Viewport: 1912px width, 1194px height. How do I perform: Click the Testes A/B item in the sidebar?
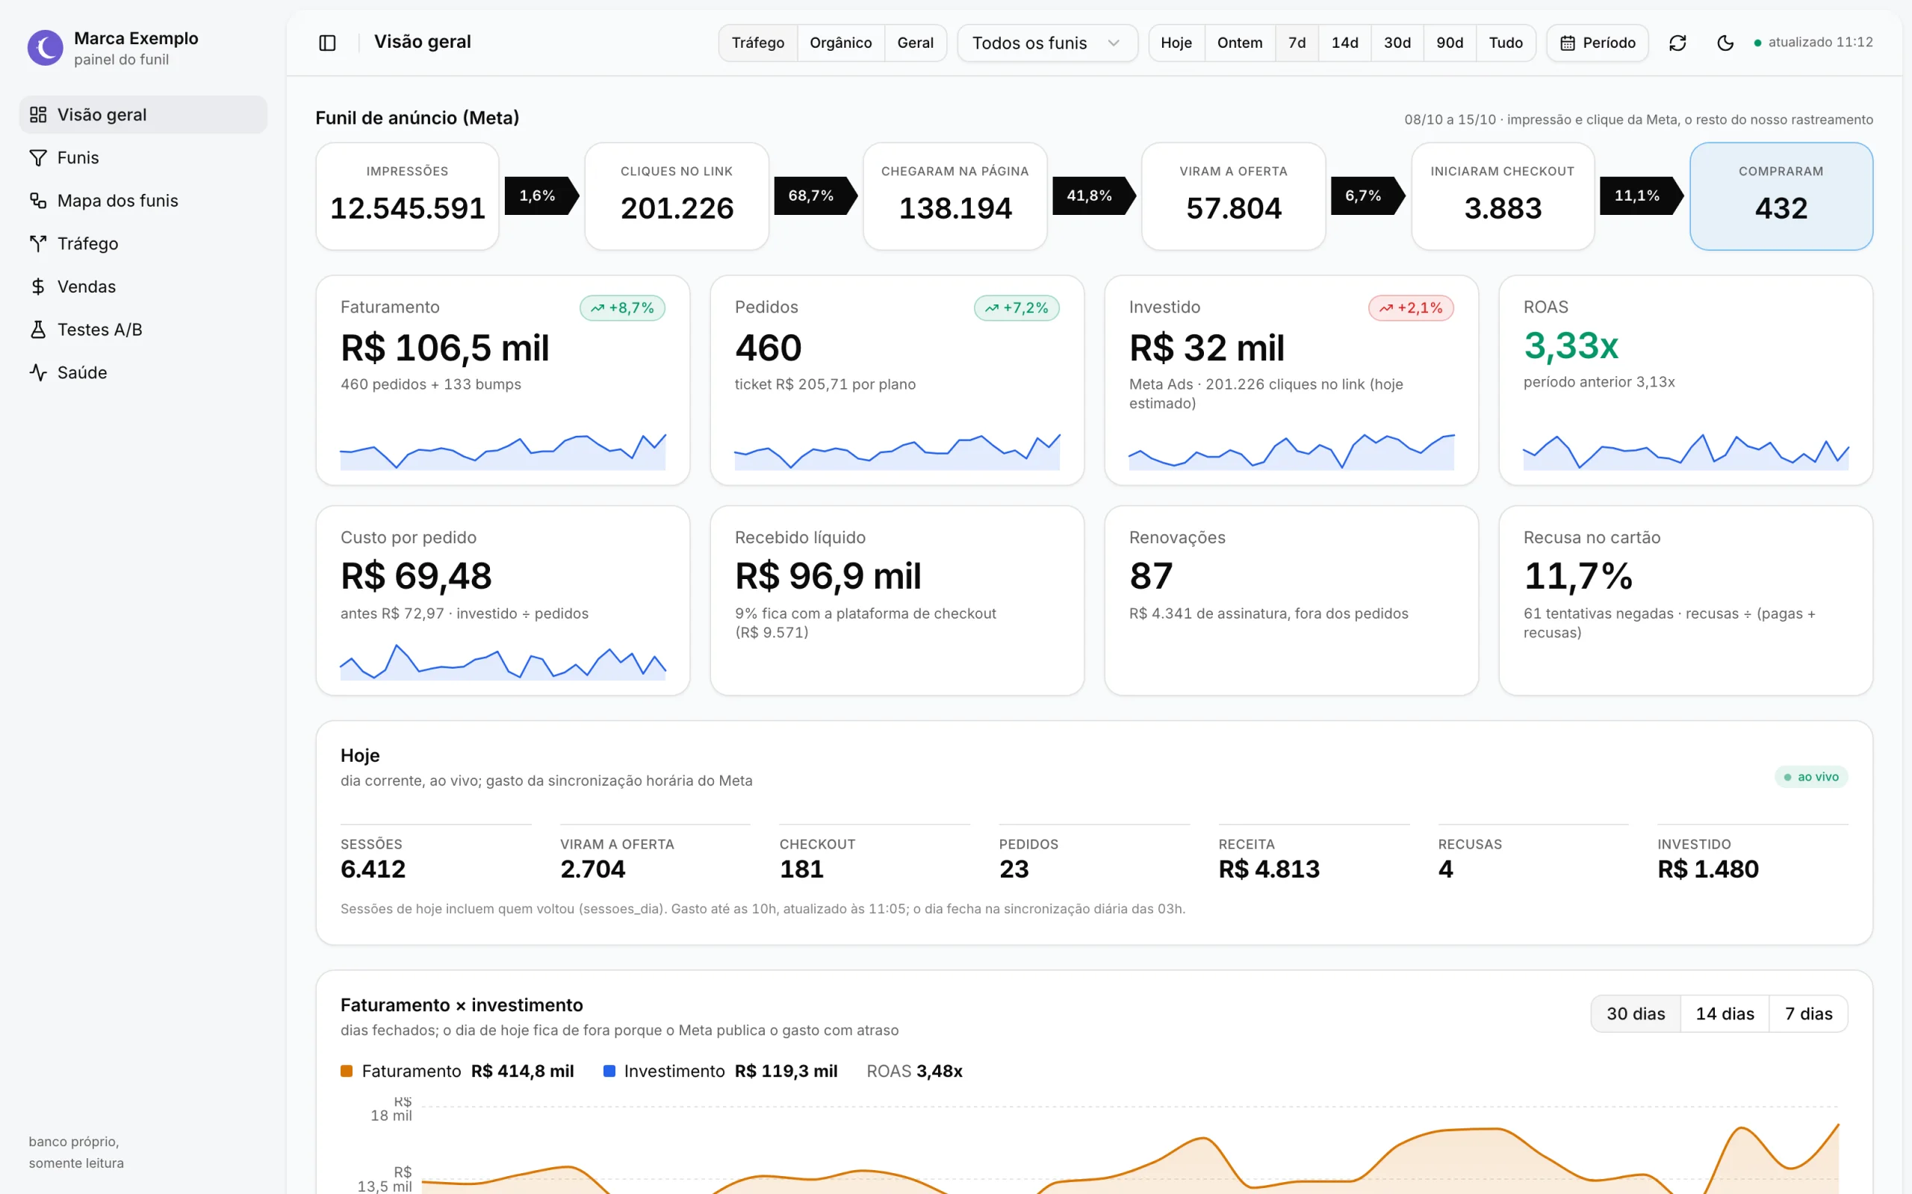point(85,329)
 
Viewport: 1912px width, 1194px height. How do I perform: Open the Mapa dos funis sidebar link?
point(104,201)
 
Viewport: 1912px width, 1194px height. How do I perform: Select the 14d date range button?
point(1344,43)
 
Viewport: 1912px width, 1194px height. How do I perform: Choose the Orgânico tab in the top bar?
point(841,43)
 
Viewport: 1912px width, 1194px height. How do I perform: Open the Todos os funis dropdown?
point(1047,43)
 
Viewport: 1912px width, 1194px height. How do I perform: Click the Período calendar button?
point(1597,43)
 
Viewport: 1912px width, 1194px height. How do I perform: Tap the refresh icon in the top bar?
point(1677,43)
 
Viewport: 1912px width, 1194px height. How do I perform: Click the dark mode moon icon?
point(1725,43)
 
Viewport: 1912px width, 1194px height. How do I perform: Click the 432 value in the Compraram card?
point(1781,208)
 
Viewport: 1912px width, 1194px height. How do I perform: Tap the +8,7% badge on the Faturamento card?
point(622,308)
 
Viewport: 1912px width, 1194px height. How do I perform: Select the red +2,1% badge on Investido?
point(1410,308)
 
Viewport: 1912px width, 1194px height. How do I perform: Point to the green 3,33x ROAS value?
point(1571,346)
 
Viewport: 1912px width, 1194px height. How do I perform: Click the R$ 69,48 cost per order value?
point(415,575)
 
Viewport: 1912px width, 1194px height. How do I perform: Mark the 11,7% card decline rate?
point(1578,575)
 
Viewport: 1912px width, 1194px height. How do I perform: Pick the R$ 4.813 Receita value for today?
point(1269,869)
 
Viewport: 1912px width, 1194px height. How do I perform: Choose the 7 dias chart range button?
point(1808,1014)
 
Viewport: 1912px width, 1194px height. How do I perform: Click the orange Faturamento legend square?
point(346,1071)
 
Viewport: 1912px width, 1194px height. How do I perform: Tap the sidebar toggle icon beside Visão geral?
point(327,43)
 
